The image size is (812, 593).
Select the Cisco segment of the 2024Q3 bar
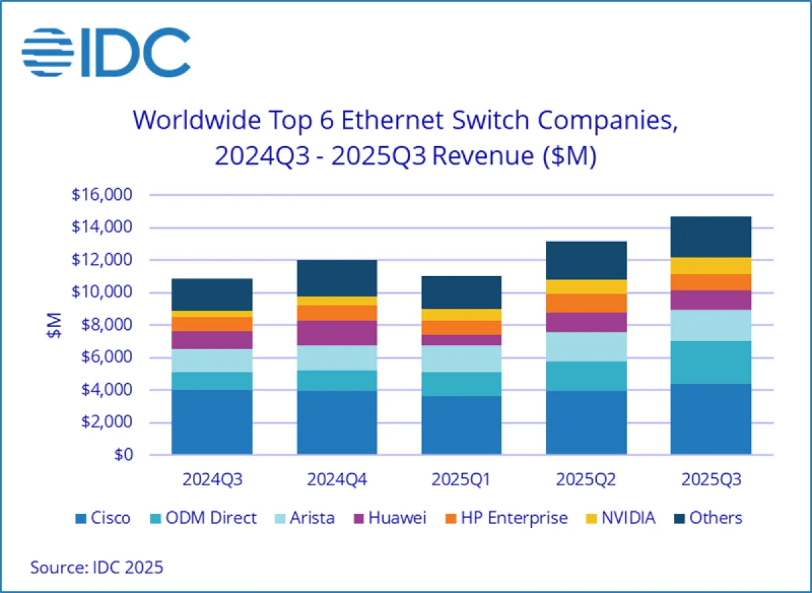(212, 421)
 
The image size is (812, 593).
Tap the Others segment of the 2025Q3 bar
(710, 237)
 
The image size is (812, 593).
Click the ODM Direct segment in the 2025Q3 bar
(710, 362)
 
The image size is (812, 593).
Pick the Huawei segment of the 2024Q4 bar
(336, 333)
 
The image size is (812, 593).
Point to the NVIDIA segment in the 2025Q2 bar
(586, 286)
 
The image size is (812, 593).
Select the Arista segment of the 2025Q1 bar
(461, 359)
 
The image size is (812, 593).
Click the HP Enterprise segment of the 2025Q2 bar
(586, 303)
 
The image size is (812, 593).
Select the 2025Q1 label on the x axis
(461, 479)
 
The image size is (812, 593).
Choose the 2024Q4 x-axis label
(336, 479)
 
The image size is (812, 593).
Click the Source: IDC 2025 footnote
(97, 567)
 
